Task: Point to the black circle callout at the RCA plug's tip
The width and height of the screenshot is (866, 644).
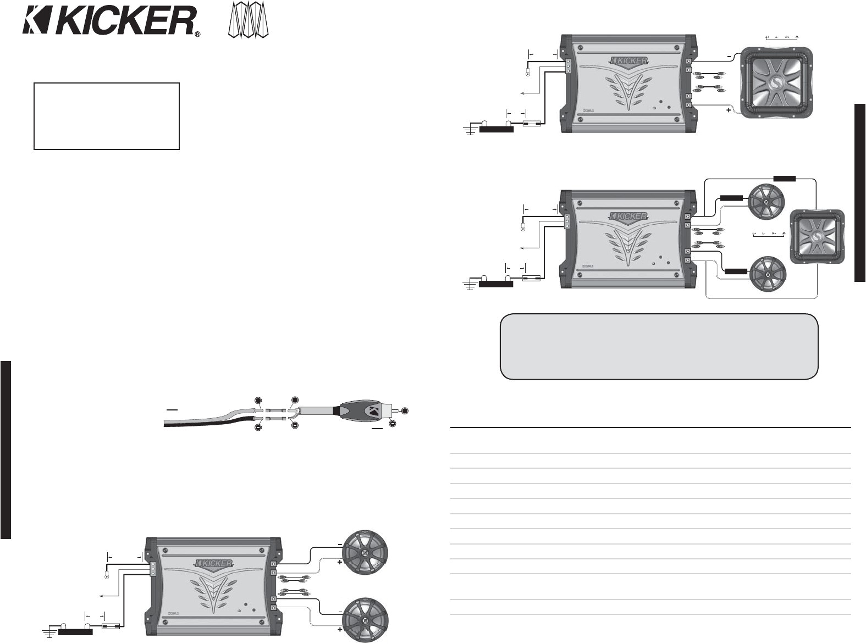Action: coord(405,410)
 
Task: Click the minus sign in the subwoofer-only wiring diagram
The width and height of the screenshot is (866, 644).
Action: coord(729,55)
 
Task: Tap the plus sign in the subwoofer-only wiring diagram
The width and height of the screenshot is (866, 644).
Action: coord(729,110)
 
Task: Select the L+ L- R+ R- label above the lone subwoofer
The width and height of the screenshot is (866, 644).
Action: coord(782,37)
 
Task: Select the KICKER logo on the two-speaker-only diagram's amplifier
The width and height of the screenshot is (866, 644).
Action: coord(214,563)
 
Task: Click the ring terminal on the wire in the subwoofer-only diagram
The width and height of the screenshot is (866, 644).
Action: coord(528,74)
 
